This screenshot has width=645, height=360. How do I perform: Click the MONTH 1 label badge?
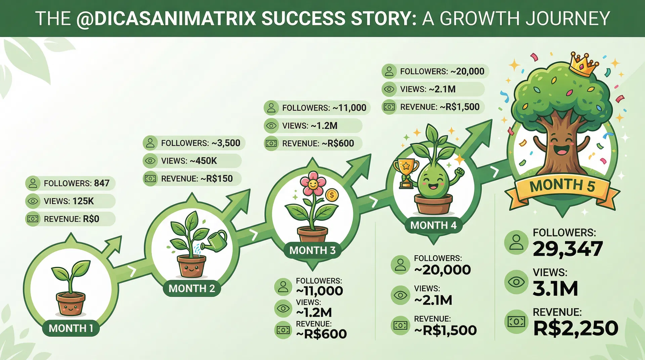pyautogui.click(x=71, y=328)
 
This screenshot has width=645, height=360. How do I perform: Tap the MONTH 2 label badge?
pyautogui.click(x=192, y=288)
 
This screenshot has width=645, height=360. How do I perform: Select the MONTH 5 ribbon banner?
pyautogui.click(x=562, y=186)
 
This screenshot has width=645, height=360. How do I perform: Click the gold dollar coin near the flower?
pyautogui.click(x=332, y=195)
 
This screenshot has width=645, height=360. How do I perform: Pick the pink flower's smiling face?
pyautogui.click(x=313, y=184)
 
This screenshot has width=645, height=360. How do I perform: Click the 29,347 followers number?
pyautogui.click(x=568, y=249)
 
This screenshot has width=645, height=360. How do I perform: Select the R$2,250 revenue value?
pyautogui.click(x=575, y=328)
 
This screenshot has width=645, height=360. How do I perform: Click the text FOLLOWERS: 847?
pyautogui.click(x=77, y=183)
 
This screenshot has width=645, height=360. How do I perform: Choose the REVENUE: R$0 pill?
pyautogui.click(x=71, y=219)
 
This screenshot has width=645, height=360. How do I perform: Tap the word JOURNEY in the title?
pyautogui.click(x=567, y=18)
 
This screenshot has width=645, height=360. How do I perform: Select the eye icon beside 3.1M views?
pyautogui.click(x=516, y=282)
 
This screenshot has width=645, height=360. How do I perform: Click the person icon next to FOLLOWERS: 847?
pyautogui.click(x=33, y=183)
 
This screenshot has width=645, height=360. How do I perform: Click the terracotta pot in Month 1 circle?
pyautogui.click(x=71, y=304)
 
